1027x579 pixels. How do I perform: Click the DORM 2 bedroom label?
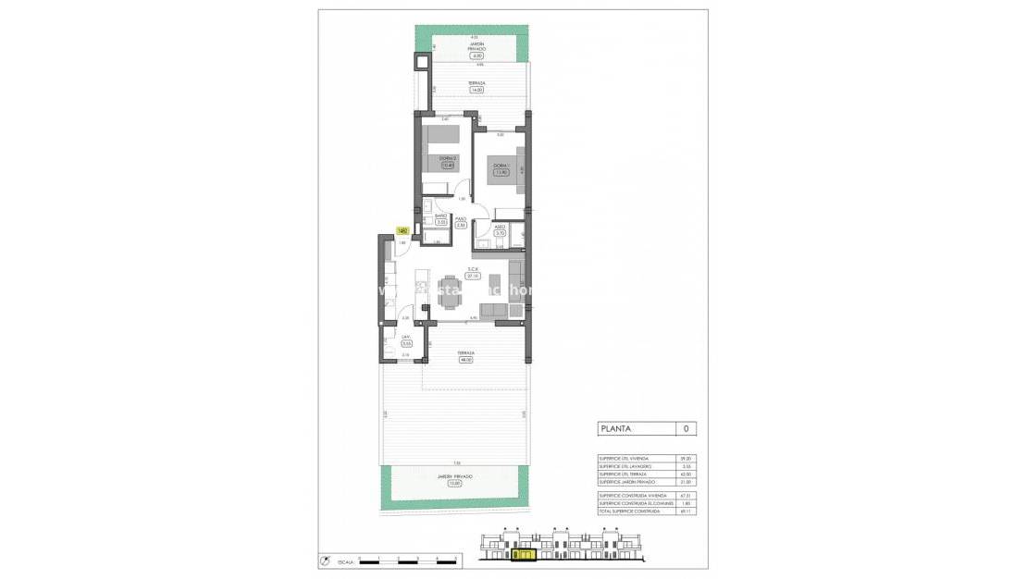pyautogui.click(x=448, y=159)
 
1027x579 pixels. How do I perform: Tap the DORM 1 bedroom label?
pyautogui.click(x=501, y=165)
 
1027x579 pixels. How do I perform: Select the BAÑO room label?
pyautogui.click(x=441, y=216)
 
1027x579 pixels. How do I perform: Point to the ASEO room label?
pyautogui.click(x=500, y=227)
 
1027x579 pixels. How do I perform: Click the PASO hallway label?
pyautogui.click(x=460, y=219)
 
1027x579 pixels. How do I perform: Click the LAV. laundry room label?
pyautogui.click(x=406, y=337)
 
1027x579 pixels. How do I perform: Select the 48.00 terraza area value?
pyautogui.click(x=465, y=360)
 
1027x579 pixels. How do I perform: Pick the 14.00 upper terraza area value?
pyautogui.click(x=476, y=90)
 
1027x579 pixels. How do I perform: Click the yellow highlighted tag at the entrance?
pyautogui.click(x=402, y=231)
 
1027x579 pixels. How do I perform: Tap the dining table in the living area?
pyautogui.click(x=450, y=290)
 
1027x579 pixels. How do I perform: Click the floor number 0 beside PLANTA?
pyautogui.click(x=686, y=428)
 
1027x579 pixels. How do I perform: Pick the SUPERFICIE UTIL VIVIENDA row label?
pyautogui.click(x=625, y=459)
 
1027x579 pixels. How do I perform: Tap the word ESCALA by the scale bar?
pyautogui.click(x=344, y=561)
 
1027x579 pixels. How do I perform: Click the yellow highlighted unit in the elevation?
pyautogui.click(x=523, y=556)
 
